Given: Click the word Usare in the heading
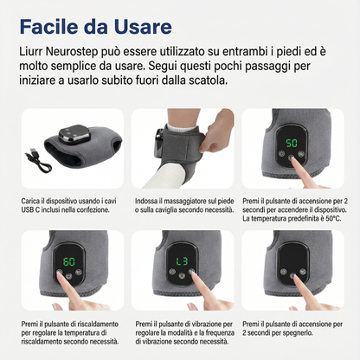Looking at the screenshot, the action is point(143,27).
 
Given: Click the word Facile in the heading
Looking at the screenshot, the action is point(49,27).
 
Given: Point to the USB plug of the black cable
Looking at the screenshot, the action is point(33,151).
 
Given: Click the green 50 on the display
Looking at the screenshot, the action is point(292,143).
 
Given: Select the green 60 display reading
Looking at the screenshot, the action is point(69,261).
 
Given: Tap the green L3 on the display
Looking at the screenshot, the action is point(182,261).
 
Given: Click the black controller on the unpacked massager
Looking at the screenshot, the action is point(74,135).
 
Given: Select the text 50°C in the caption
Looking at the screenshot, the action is point(333,219).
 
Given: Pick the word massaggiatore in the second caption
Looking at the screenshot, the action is point(183,201).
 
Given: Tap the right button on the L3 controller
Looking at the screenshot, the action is point(191,272).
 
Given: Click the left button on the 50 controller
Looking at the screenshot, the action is point(281,153).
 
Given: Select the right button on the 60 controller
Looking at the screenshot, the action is point(79,272).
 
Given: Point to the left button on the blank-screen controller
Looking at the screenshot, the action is point(283,272).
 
